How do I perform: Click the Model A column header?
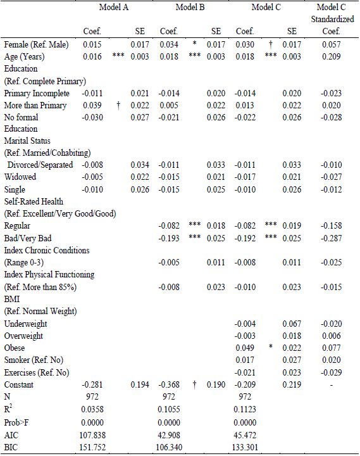point(115,8)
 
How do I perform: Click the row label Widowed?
point(20,177)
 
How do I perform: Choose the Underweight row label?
point(26,324)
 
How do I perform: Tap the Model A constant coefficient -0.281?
point(93,385)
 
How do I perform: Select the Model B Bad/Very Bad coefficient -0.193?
point(169,237)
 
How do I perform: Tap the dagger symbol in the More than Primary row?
point(118,105)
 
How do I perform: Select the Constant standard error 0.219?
point(292,385)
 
